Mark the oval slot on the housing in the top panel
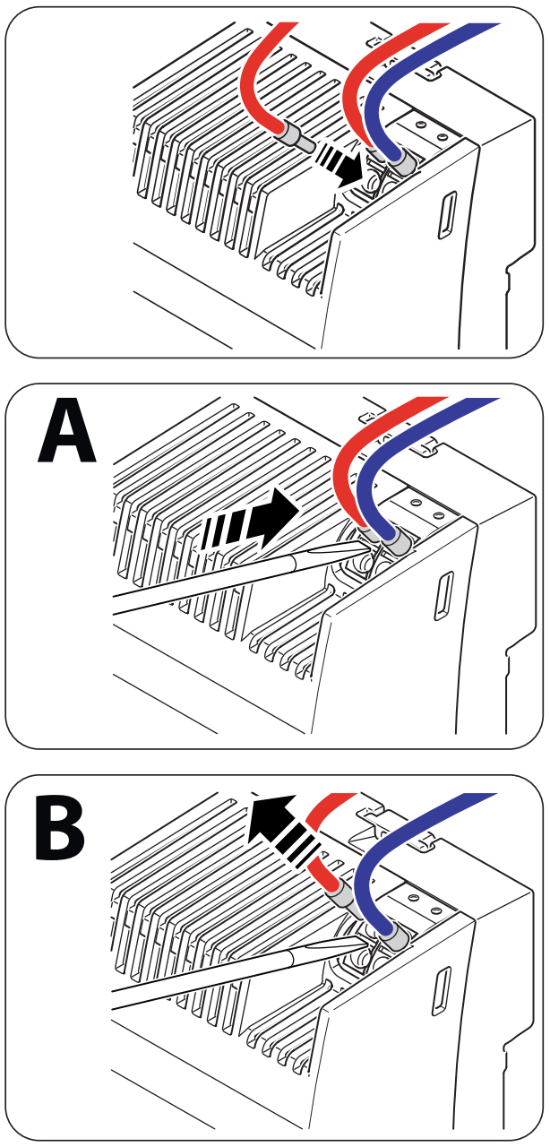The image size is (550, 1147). click(x=445, y=215)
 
